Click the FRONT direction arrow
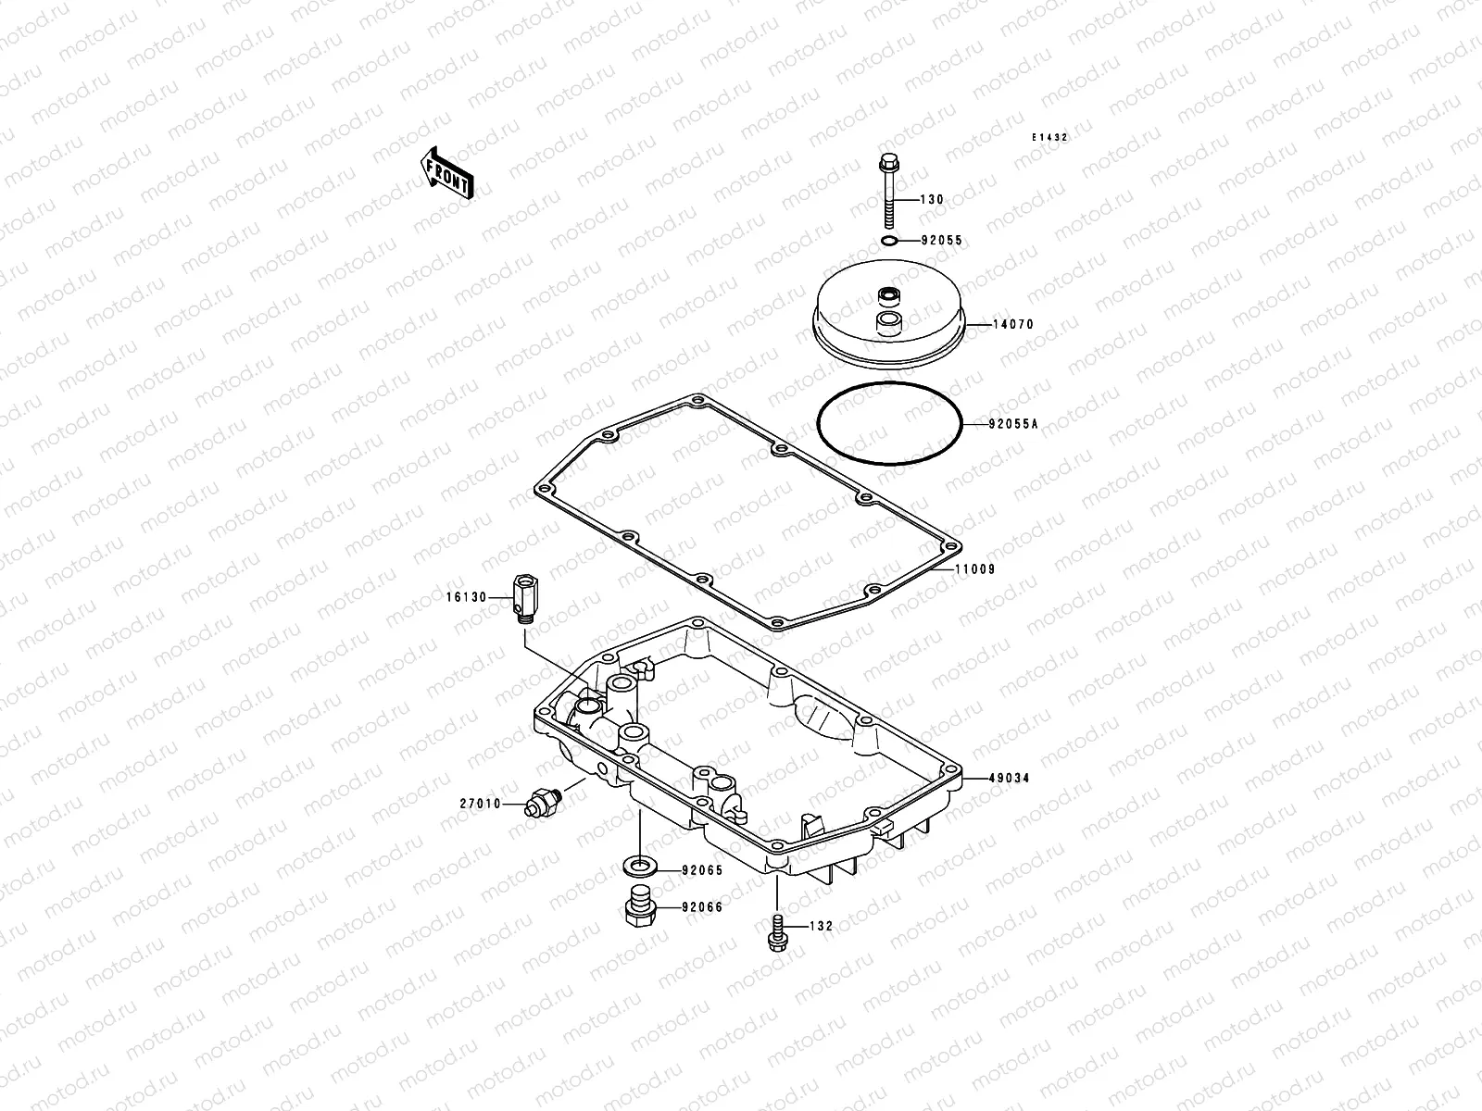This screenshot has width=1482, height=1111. tap(447, 172)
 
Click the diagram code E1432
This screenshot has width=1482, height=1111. tap(1050, 137)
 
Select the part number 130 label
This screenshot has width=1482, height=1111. tap(932, 200)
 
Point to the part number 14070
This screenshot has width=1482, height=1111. tap(1013, 325)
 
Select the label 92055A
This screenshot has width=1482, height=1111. tap(1013, 425)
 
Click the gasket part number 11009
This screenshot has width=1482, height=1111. tap(976, 569)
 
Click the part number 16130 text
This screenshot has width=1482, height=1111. tap(466, 598)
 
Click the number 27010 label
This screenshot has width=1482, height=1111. tap(479, 805)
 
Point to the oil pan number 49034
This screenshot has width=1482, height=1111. tap(1010, 779)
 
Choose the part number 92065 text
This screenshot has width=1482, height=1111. tap(701, 870)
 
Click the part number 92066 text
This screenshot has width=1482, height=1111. tap(701, 907)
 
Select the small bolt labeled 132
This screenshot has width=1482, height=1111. tap(776, 930)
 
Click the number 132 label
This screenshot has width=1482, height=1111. tap(821, 926)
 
